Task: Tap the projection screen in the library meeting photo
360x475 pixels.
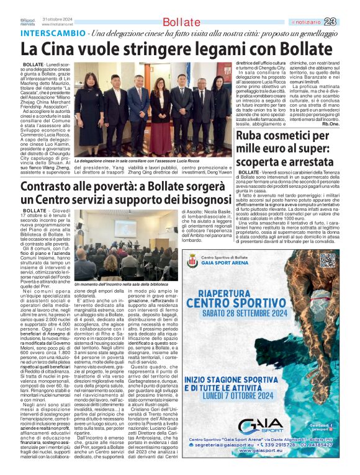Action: [x=125, y=228]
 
